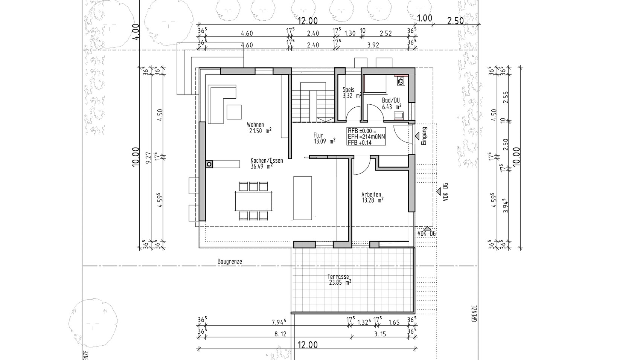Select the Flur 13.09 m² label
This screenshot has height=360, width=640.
(x=324, y=138)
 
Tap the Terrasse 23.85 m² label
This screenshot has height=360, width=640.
(x=340, y=279)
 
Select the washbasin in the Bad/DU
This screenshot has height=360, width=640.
(x=399, y=116)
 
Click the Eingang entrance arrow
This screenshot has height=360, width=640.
(x=417, y=136)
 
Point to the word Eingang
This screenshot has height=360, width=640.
(x=424, y=136)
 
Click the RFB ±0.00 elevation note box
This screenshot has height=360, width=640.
(x=366, y=137)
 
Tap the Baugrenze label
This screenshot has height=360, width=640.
(x=230, y=261)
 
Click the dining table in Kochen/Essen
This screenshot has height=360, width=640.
(x=253, y=201)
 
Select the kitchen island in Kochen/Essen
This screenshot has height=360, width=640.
(x=303, y=198)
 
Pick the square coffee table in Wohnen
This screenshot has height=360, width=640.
(x=234, y=112)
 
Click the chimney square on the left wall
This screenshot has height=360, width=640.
(x=209, y=164)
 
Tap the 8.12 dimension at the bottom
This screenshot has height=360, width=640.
(x=280, y=334)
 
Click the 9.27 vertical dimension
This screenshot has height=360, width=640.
(x=148, y=158)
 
